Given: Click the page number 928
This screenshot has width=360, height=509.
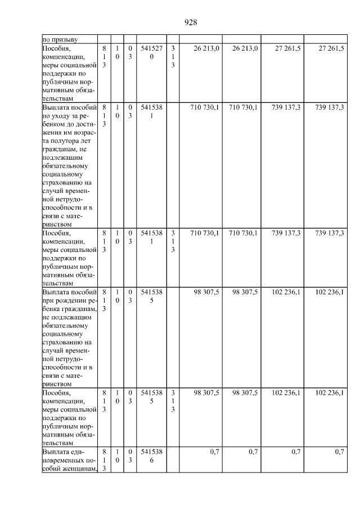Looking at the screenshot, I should click(x=190, y=22).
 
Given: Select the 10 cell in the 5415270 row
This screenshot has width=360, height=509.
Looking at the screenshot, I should click(x=117, y=53).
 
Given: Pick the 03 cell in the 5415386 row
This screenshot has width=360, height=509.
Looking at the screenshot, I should click(x=130, y=456).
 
